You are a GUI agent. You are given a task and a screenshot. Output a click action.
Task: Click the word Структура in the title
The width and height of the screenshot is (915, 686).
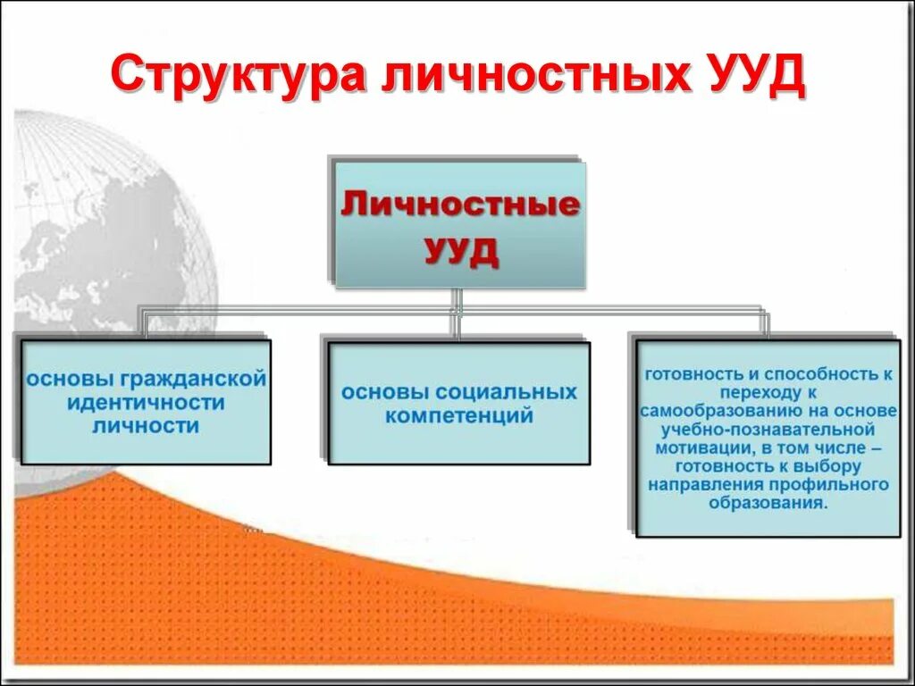click(x=236, y=76)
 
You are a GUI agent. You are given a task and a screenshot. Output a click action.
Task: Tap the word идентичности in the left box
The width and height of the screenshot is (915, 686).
click(x=146, y=402)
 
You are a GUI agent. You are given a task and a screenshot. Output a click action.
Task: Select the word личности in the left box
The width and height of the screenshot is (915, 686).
click(x=146, y=426)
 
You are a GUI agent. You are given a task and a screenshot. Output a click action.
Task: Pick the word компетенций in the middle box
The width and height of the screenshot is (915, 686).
click(x=459, y=415)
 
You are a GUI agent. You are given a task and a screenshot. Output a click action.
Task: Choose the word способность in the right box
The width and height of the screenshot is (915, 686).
click(x=817, y=373)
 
